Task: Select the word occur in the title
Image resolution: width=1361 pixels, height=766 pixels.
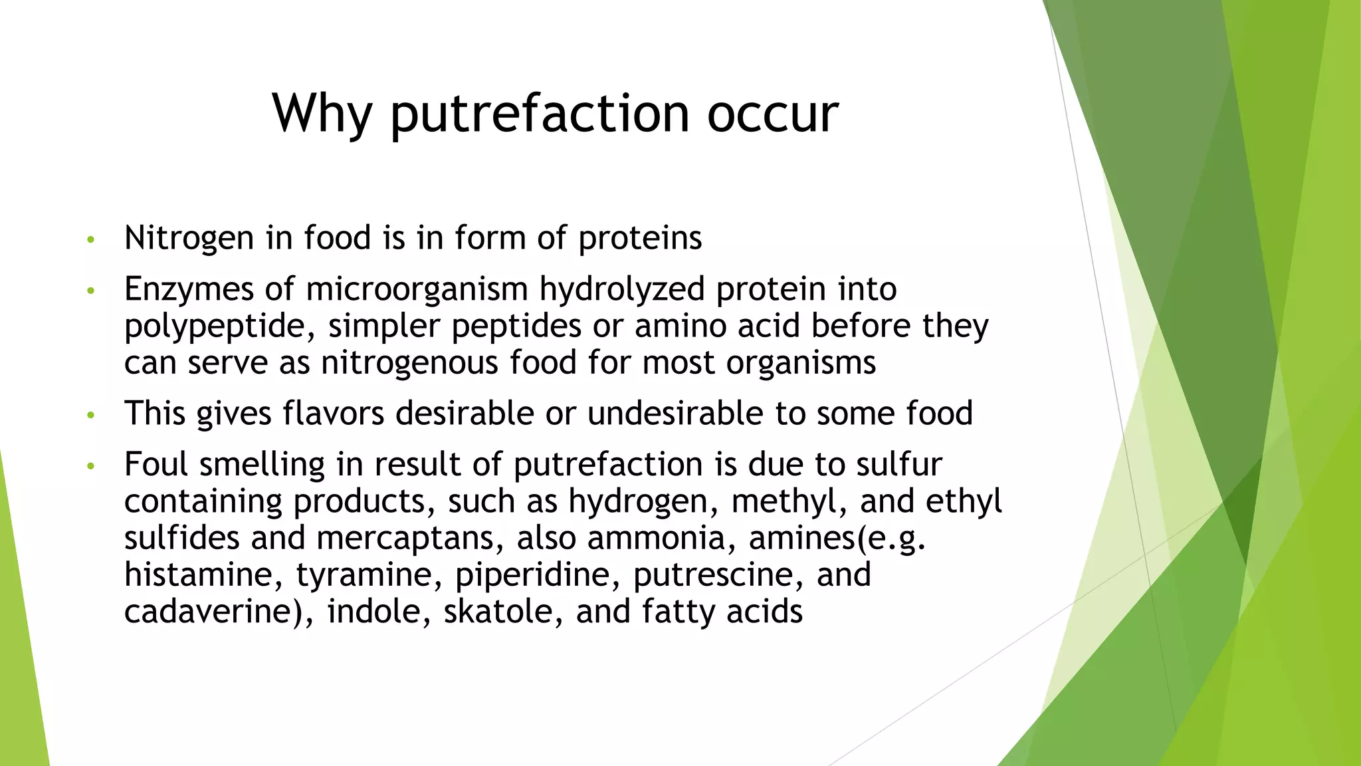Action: click(772, 113)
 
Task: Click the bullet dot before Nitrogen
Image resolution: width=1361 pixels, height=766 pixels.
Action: click(91, 239)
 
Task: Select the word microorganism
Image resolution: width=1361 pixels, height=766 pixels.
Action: click(417, 289)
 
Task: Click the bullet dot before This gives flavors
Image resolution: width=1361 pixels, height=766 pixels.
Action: click(91, 415)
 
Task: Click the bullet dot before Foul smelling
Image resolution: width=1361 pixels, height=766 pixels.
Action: click(91, 466)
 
